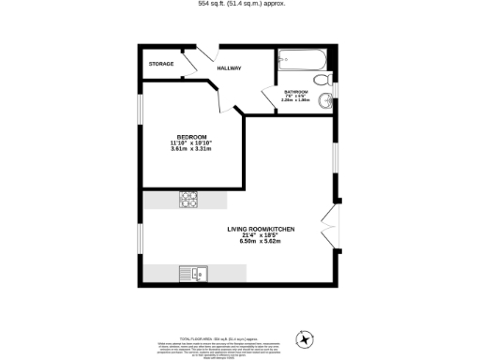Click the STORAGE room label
coord(161,64)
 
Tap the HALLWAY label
coord(230,68)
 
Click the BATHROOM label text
coord(295,92)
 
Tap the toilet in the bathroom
coord(322,100)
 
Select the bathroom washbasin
coord(322,78)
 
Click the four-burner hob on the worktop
coord(187,199)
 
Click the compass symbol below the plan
coord(303,338)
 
